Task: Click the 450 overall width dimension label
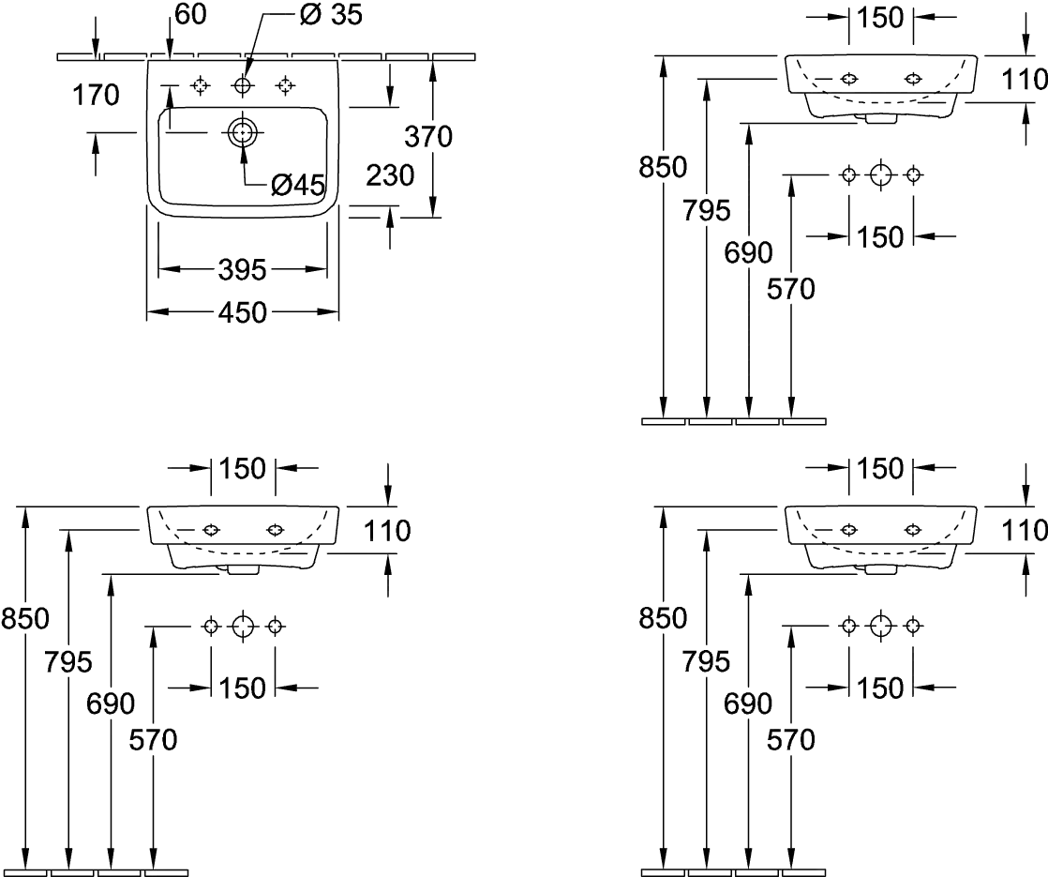click(243, 312)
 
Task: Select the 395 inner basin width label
click(243, 271)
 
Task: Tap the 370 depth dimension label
click(429, 136)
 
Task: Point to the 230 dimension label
click(390, 174)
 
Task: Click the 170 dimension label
click(95, 94)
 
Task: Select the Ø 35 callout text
click(318, 14)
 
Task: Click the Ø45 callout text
click(298, 186)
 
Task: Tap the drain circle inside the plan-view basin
click(243, 132)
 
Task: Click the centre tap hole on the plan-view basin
click(243, 86)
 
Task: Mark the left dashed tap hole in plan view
click(201, 86)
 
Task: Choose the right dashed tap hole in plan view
click(285, 86)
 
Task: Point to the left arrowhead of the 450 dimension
click(156, 313)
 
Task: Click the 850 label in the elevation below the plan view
click(24, 618)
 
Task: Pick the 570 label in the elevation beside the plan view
click(790, 290)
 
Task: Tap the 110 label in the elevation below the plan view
click(384, 532)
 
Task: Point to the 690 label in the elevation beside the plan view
click(748, 251)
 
